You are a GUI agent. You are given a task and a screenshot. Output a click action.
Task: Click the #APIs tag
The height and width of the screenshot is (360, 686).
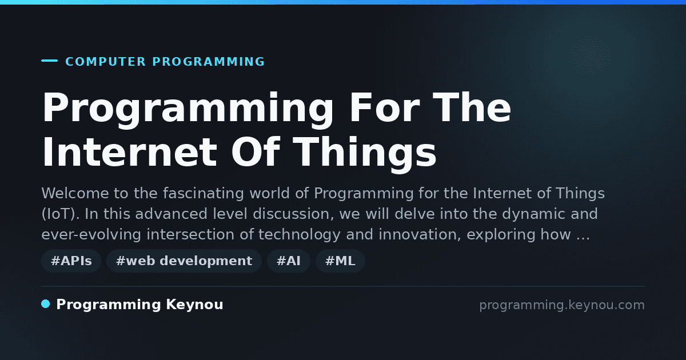tap(71, 261)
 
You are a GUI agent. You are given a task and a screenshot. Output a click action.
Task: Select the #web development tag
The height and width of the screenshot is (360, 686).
tap(184, 261)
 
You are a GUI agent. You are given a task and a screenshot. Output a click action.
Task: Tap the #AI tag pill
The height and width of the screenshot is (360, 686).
tap(289, 261)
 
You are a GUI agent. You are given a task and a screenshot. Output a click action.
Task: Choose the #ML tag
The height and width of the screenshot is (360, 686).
tap(340, 261)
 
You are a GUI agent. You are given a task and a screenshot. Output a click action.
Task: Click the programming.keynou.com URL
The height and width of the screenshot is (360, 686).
tap(562, 305)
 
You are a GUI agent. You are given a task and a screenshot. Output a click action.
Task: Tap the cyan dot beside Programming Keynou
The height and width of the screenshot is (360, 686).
tap(46, 304)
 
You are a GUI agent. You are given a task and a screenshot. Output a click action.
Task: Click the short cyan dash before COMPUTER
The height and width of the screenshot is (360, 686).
tap(49, 61)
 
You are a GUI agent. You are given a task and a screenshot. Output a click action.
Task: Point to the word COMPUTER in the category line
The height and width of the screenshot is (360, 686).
tap(105, 62)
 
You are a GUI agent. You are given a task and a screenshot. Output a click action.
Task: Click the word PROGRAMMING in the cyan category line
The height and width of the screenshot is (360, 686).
tap(208, 62)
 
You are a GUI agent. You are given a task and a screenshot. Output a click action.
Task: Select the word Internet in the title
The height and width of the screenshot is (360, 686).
tap(130, 152)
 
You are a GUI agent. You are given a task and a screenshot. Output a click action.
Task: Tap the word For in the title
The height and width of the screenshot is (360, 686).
tap(385, 108)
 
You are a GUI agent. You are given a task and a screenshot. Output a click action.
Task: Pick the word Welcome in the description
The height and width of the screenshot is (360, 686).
tap(75, 193)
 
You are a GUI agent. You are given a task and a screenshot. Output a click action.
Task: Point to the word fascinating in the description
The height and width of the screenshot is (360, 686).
tap(203, 194)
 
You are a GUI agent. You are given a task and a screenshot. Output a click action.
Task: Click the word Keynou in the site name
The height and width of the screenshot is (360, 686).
tap(194, 305)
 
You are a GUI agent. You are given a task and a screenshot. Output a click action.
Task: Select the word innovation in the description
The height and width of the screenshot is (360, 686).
tap(420, 234)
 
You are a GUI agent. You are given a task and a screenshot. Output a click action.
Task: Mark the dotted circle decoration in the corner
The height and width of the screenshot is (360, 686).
tap(591, 55)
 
